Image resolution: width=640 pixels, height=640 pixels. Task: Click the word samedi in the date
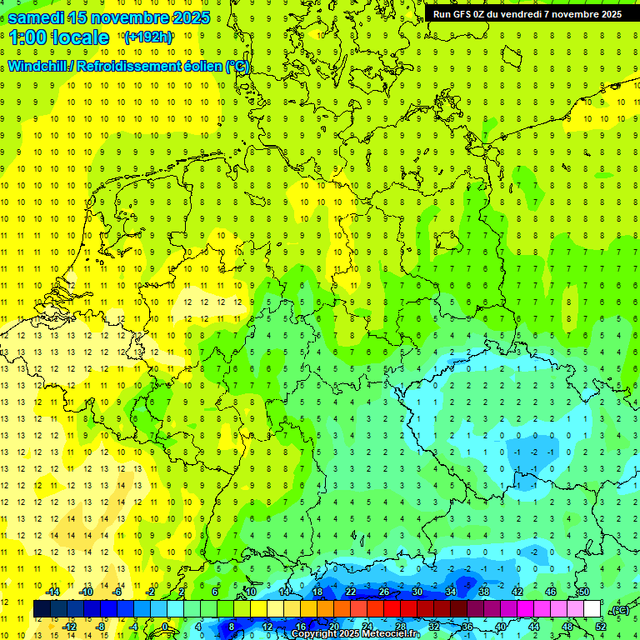pyautogui.click(x=37, y=17)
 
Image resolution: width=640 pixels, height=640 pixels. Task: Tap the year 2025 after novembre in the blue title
pyautogui.click(x=187, y=17)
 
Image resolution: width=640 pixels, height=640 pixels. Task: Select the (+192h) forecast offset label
pyautogui.click(x=148, y=37)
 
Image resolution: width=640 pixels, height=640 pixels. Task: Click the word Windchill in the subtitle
pyautogui.click(x=38, y=66)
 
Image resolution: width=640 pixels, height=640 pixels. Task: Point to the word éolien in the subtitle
pyautogui.click(x=196, y=66)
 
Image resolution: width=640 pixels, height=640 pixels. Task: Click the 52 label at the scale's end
pyautogui.click(x=600, y=627)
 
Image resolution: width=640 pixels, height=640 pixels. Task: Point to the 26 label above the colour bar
pyautogui.click(x=384, y=592)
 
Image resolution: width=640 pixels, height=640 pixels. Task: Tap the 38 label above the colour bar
pyautogui.click(x=484, y=592)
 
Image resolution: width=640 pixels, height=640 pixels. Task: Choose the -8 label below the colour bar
pyautogui.click(x=100, y=627)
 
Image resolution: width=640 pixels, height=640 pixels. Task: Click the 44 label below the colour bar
pyautogui.click(x=534, y=627)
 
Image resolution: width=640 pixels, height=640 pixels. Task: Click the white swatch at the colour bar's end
pyautogui.click(x=592, y=609)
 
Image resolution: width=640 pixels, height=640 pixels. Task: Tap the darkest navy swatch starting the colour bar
pyautogui.click(x=42, y=609)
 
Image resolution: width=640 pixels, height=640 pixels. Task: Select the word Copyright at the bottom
pyautogui.click(x=316, y=634)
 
